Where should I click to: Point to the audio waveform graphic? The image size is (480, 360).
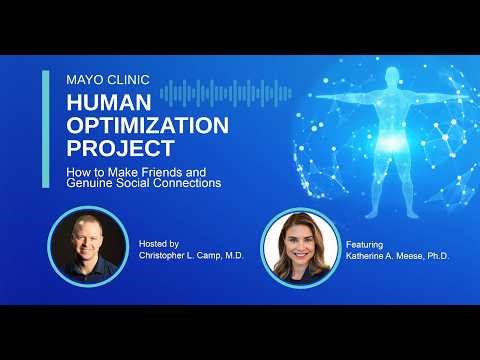[226, 92]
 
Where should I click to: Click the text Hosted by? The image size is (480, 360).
[160, 243]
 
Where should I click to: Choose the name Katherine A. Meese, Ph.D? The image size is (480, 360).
[398, 255]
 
